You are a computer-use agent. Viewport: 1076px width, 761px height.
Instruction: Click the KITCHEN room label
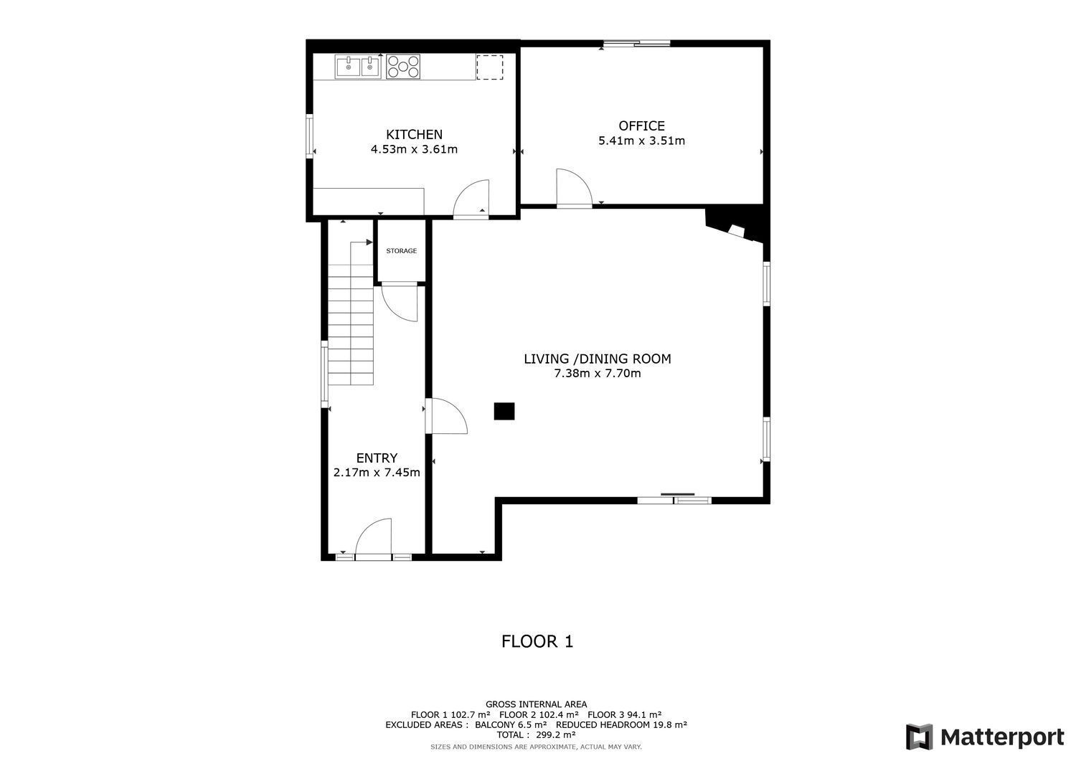click(414, 135)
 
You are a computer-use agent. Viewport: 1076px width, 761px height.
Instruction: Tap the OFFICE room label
click(641, 126)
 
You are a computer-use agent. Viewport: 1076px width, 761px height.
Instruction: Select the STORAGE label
click(401, 251)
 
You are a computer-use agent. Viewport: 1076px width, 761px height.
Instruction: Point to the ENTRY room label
click(377, 458)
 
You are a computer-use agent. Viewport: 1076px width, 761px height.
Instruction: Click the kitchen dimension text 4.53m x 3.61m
click(414, 149)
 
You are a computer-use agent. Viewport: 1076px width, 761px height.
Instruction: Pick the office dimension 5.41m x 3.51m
click(641, 141)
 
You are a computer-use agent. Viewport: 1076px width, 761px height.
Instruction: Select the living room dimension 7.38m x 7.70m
click(597, 373)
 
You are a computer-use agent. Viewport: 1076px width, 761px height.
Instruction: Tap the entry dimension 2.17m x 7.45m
click(377, 473)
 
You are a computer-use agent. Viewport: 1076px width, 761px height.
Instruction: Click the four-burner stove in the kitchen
click(403, 66)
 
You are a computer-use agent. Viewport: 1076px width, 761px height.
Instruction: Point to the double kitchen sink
click(358, 67)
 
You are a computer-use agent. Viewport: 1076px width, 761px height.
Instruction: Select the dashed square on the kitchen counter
click(489, 67)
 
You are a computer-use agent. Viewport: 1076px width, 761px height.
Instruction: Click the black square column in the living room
click(504, 411)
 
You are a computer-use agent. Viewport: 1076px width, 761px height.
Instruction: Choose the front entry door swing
click(373, 537)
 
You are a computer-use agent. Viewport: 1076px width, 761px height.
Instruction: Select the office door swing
click(574, 188)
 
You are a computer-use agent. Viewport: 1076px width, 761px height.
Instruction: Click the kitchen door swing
click(471, 199)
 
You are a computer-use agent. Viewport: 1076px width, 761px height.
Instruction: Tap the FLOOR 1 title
click(537, 641)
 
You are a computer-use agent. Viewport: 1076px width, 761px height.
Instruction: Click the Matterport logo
click(985, 737)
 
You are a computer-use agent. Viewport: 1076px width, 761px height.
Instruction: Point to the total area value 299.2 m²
click(556, 734)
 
